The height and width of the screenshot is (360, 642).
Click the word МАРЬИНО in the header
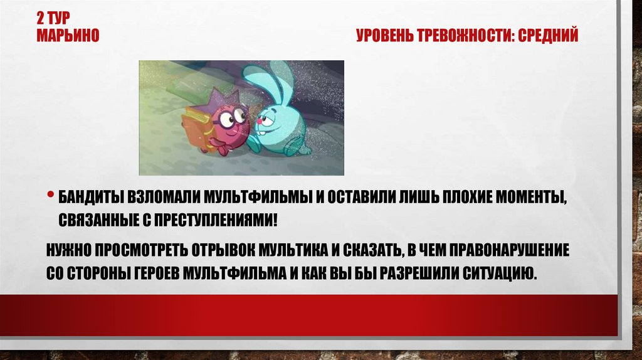[x=68, y=36]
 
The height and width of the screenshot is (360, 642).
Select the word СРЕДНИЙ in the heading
[x=550, y=36]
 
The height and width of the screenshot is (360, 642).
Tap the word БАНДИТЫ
[x=92, y=199]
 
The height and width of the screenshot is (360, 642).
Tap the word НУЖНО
[x=68, y=251]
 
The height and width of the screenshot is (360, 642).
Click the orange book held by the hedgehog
[x=197, y=129]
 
